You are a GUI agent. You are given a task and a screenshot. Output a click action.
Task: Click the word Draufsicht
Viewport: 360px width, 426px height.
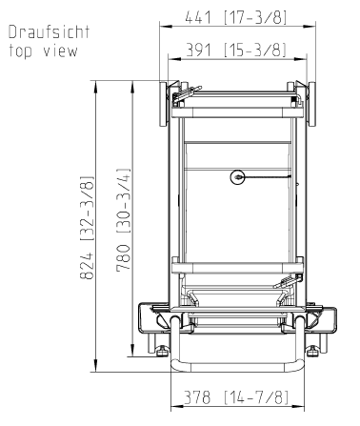tap(49, 32)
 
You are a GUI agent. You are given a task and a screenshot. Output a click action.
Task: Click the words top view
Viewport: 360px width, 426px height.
tap(43, 51)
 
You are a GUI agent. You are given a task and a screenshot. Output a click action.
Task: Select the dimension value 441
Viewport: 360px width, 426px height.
tap(198, 17)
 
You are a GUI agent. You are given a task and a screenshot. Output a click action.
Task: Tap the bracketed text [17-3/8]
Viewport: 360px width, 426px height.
tap(255, 17)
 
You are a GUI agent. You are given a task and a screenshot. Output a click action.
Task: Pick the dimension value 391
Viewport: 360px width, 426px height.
tap(198, 51)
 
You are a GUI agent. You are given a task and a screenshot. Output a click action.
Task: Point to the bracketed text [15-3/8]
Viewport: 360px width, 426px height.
tap(255, 51)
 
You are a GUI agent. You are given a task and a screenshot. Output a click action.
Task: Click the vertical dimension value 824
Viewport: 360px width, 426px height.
tap(87, 266)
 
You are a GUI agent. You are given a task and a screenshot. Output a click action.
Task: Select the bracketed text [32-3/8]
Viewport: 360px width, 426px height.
tap(87, 208)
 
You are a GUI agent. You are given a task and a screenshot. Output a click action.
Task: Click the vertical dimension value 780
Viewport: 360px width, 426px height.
tap(123, 258)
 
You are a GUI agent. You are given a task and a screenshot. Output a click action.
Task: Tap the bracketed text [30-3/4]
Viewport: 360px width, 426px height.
tap(123, 201)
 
